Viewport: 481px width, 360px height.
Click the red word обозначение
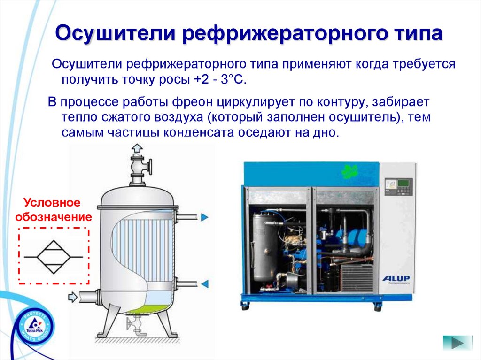point(54,217)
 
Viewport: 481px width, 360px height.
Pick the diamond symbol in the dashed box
point(54,257)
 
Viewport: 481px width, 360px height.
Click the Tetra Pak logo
point(34,326)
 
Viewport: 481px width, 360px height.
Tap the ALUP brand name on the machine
point(396,279)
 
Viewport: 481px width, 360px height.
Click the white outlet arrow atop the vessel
point(137,149)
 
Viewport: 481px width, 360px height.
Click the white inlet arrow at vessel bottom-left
point(73,297)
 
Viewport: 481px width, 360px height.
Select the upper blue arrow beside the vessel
point(204,217)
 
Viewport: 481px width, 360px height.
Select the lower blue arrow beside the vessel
point(204,283)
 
